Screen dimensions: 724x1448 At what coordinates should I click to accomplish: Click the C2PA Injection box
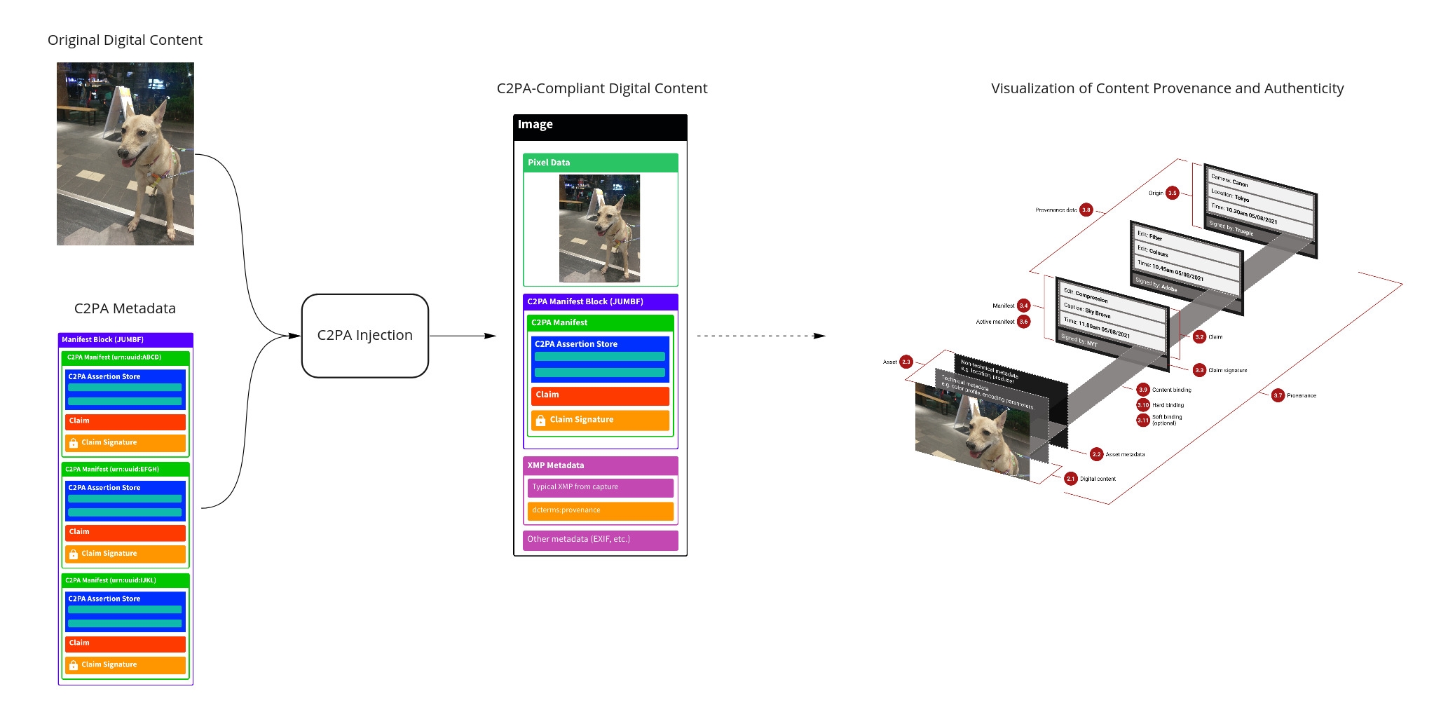pyautogui.click(x=364, y=336)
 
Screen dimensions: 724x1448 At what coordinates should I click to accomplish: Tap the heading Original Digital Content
pyautogui.click(x=125, y=40)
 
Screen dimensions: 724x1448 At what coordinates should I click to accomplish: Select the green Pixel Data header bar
pyautogui.click(x=600, y=163)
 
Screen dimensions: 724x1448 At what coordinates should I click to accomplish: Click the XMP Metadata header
pyautogui.click(x=600, y=465)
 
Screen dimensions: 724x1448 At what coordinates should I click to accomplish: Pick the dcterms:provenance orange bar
pyautogui.click(x=600, y=510)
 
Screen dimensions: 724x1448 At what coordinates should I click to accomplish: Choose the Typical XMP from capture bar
pyautogui.click(x=600, y=487)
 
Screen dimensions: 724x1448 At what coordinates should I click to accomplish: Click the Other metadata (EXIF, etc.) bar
pyautogui.click(x=600, y=540)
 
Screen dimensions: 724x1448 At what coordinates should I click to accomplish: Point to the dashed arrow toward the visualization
pyautogui.click(x=760, y=336)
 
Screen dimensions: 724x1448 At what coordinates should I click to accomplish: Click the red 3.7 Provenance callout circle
pyautogui.click(x=1278, y=395)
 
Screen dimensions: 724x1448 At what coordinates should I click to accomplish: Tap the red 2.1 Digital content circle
pyautogui.click(x=1070, y=479)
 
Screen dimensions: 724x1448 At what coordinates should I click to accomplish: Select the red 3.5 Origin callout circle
pyautogui.click(x=1173, y=193)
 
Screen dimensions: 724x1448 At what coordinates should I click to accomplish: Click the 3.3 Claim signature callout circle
pyautogui.click(x=1199, y=370)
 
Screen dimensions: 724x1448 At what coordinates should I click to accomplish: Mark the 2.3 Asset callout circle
pyautogui.click(x=906, y=362)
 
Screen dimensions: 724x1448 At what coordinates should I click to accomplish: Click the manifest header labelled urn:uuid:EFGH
pyautogui.click(x=125, y=470)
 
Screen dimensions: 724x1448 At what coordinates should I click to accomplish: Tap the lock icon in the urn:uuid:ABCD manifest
pyautogui.click(x=74, y=443)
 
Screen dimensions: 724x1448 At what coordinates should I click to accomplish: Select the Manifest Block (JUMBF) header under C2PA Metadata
pyautogui.click(x=125, y=340)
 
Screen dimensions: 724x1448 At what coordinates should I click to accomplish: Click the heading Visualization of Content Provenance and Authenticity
pyautogui.click(x=1167, y=88)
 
